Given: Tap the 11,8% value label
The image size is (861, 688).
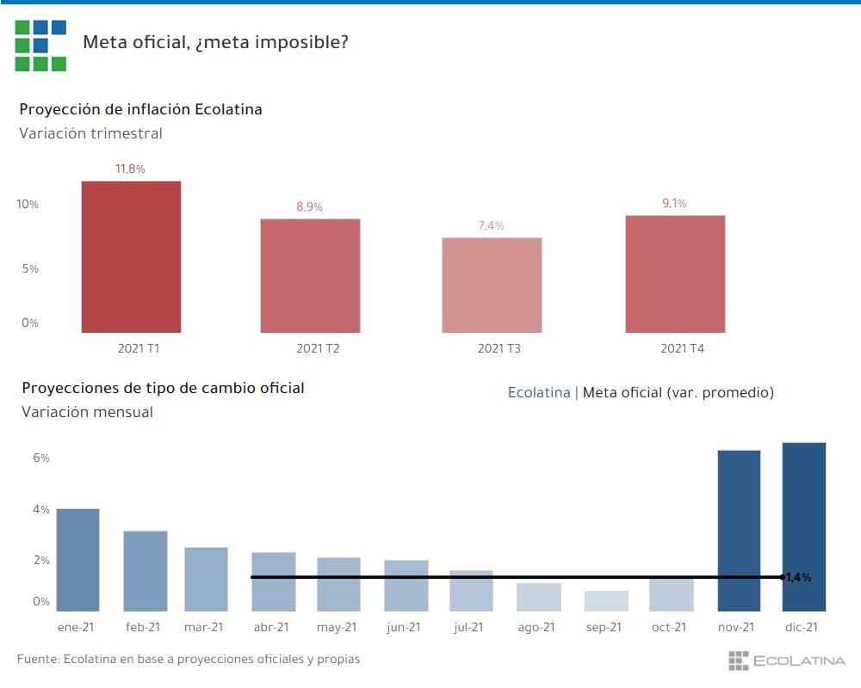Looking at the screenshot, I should (131, 169).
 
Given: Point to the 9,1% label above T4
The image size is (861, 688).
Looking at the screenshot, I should (674, 203).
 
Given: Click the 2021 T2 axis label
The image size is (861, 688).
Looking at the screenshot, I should (319, 348).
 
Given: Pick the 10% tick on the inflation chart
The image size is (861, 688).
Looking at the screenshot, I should (28, 204).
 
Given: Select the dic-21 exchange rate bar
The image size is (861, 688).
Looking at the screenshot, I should (803, 526).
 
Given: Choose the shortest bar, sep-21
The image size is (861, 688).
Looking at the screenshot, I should (606, 600).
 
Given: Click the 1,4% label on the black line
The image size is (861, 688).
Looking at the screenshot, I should (798, 577).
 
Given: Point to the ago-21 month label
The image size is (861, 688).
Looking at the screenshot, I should (536, 628).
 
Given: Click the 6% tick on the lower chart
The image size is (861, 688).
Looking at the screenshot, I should (41, 458).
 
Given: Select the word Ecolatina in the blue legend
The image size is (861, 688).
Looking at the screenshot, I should (539, 392).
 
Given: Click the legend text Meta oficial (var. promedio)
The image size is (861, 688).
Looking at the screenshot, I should (678, 392).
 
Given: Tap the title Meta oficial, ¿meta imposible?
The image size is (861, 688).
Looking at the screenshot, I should (215, 41).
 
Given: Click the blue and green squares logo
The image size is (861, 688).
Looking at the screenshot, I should (40, 45).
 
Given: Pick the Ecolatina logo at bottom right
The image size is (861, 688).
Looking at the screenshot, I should (787, 660).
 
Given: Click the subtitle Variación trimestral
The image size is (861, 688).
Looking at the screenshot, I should (90, 133).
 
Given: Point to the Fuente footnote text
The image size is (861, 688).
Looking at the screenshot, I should (188, 659).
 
